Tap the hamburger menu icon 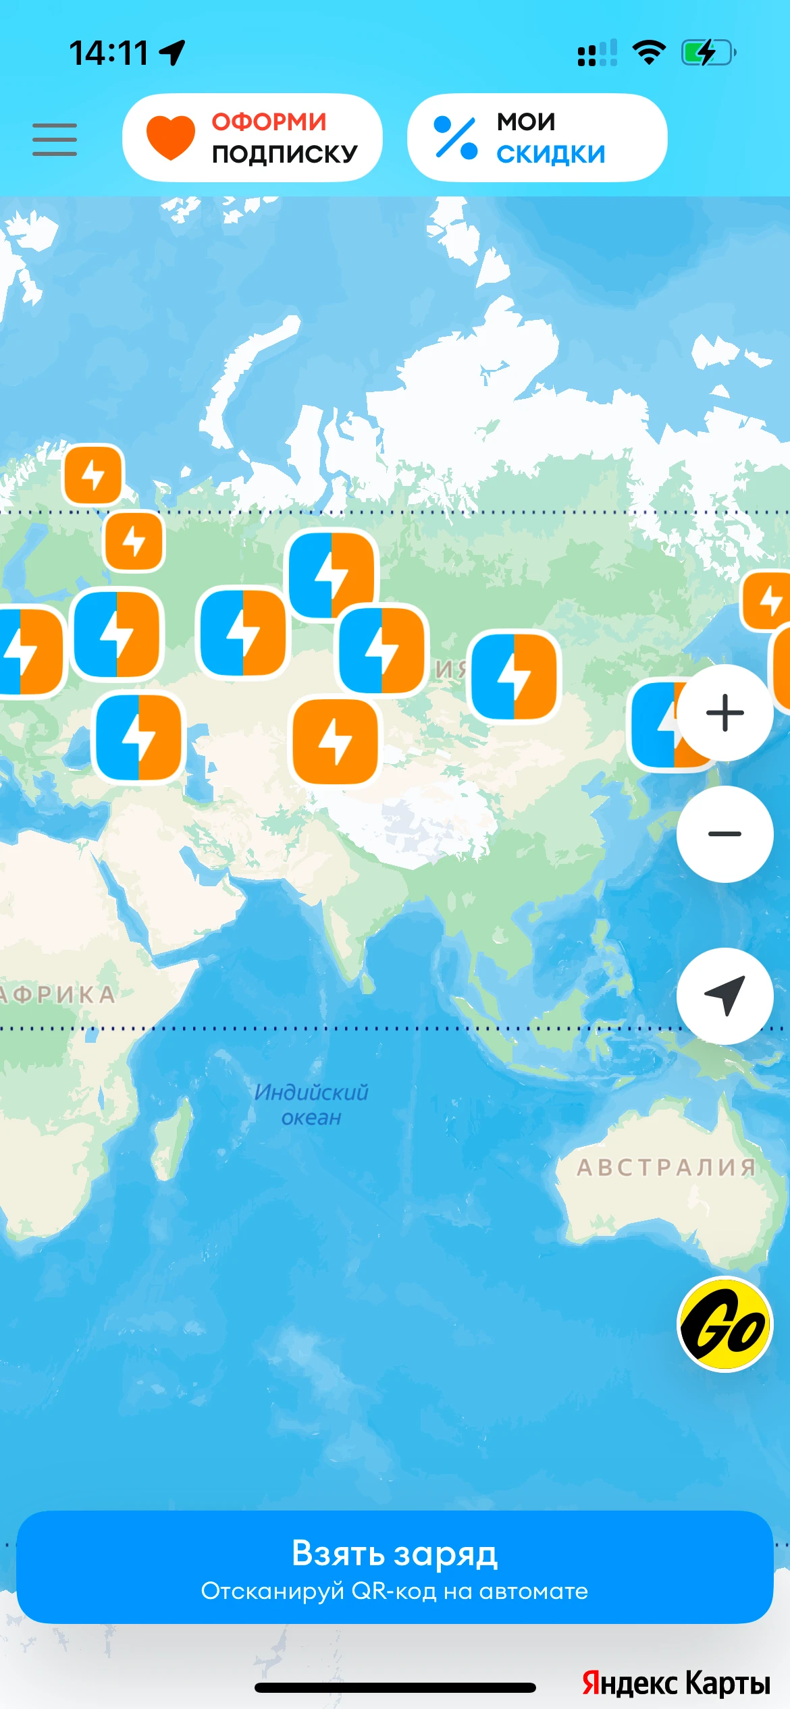(55, 140)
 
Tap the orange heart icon (171, 137)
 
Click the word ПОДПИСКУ (284, 154)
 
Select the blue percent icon (455, 138)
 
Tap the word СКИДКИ (550, 154)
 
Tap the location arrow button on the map (725, 996)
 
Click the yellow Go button (725, 1324)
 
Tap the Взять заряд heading (394, 1553)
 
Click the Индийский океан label (311, 1104)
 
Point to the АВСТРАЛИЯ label (666, 1167)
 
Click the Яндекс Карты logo (675, 1683)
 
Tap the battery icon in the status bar (708, 53)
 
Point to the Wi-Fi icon (649, 53)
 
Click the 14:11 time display (109, 53)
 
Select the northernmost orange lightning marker (93, 474)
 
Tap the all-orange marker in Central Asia (335, 741)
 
